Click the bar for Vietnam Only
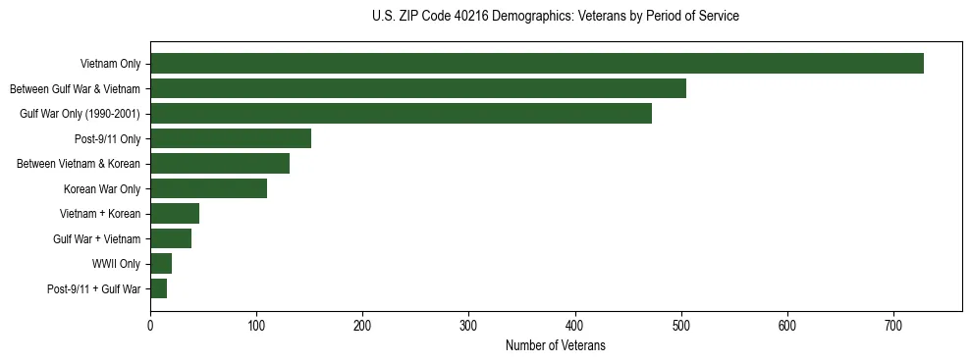pos(536,64)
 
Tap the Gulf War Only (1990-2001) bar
pos(401,114)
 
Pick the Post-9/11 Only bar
pos(231,138)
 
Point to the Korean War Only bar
pos(208,188)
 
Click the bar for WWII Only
pos(161,263)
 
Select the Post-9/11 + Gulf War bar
pos(158,288)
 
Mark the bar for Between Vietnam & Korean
pos(220,164)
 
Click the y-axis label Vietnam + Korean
pos(101,214)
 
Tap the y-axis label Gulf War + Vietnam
pos(96,238)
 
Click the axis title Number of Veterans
pos(555,345)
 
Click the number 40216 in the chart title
pos(459,17)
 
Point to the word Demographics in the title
pos(516,17)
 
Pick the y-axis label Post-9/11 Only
pos(107,139)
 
